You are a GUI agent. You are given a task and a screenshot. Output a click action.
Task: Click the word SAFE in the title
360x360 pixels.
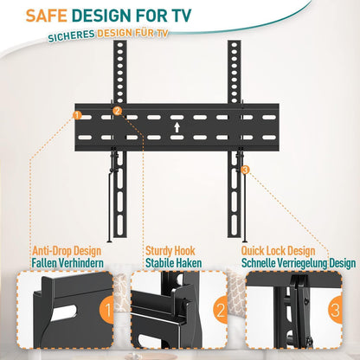tap(47, 16)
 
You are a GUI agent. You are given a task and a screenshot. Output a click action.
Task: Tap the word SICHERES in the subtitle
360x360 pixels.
tap(71, 35)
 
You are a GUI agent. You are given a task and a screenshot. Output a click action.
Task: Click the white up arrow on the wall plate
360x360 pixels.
tap(177, 127)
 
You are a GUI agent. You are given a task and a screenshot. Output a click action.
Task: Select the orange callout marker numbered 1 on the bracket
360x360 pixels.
tap(77, 115)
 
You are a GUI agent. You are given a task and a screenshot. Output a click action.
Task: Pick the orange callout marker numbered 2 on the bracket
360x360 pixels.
tap(118, 111)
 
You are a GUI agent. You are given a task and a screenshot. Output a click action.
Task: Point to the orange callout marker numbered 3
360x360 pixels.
tap(245, 170)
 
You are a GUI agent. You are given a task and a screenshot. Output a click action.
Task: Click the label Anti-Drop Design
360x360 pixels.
tap(67, 251)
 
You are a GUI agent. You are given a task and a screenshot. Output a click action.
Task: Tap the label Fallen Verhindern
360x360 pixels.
tap(67, 263)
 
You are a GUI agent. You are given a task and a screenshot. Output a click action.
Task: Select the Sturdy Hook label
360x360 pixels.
tap(170, 251)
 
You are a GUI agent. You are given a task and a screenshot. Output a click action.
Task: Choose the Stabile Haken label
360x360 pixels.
tap(173, 263)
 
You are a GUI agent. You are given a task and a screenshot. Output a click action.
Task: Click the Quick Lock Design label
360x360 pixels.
tap(278, 251)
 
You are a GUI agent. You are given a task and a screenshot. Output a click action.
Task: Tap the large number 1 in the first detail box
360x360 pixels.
tap(108, 311)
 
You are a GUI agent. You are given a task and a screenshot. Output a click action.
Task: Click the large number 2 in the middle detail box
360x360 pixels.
tap(221, 311)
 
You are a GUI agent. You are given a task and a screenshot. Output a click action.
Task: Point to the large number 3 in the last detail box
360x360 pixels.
tap(336, 311)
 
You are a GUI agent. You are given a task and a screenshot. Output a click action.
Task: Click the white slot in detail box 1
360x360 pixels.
tap(65, 313)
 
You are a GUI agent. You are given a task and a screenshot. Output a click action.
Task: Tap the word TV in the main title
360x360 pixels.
tap(181, 16)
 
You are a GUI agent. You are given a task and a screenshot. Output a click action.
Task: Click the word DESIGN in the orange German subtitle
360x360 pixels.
tap(114, 33)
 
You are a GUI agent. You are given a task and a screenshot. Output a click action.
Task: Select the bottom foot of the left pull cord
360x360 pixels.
tap(110, 241)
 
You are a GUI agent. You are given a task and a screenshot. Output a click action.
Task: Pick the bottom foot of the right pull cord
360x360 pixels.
tap(245, 241)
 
